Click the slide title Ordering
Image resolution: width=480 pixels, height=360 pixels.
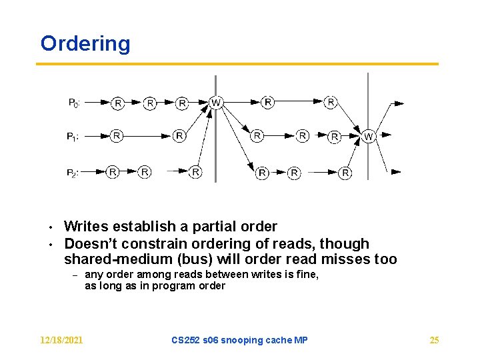pyautogui.click(x=85, y=44)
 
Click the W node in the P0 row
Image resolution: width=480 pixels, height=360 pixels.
pyautogui.click(x=215, y=103)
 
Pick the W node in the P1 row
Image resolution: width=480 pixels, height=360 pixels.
pyautogui.click(x=368, y=136)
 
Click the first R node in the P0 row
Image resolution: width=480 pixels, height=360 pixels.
pyautogui.click(x=117, y=103)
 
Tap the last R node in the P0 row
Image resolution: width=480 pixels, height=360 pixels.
pyautogui.click(x=331, y=102)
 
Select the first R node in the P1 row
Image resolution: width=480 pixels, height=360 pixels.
pyautogui.click(x=117, y=135)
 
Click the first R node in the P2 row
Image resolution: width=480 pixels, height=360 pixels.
pyautogui.click(x=113, y=172)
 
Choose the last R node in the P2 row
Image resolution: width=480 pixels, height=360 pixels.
pyautogui.click(x=345, y=173)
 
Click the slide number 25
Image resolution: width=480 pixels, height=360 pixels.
pyautogui.click(x=434, y=341)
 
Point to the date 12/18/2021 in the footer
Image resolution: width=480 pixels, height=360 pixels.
pyautogui.click(x=61, y=341)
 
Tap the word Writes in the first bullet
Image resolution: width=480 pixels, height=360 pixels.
pyautogui.click(x=87, y=227)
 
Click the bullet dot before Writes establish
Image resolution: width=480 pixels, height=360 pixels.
pyautogui.click(x=50, y=228)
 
